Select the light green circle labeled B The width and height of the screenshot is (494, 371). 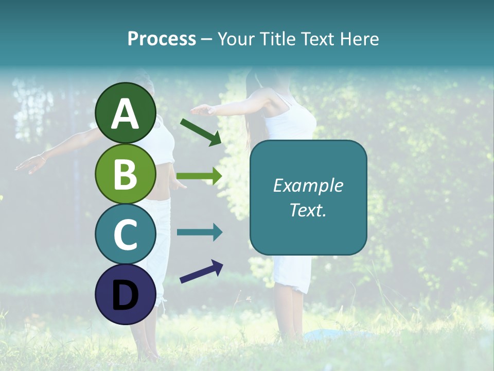pyautogui.click(x=126, y=174)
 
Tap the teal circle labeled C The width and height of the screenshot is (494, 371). pyautogui.click(x=126, y=234)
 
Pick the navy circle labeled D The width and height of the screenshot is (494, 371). pyautogui.click(x=126, y=295)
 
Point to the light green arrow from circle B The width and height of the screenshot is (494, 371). pyautogui.click(x=199, y=176)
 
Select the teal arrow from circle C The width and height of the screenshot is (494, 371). pyautogui.click(x=199, y=232)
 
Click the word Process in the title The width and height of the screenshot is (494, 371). pyautogui.click(x=162, y=39)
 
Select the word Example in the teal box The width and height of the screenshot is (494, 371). pyautogui.click(x=308, y=186)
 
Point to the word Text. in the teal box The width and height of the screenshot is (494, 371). pyautogui.click(x=308, y=210)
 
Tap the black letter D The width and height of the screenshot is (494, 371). pyautogui.click(x=126, y=296)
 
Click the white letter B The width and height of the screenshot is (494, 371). pyautogui.click(x=126, y=174)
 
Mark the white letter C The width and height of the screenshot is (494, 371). pyautogui.click(x=126, y=235)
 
